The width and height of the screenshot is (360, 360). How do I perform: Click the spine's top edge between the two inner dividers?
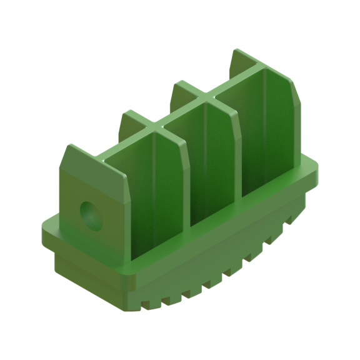click(x=181, y=113)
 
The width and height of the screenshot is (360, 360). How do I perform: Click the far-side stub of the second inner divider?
click(x=181, y=87)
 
